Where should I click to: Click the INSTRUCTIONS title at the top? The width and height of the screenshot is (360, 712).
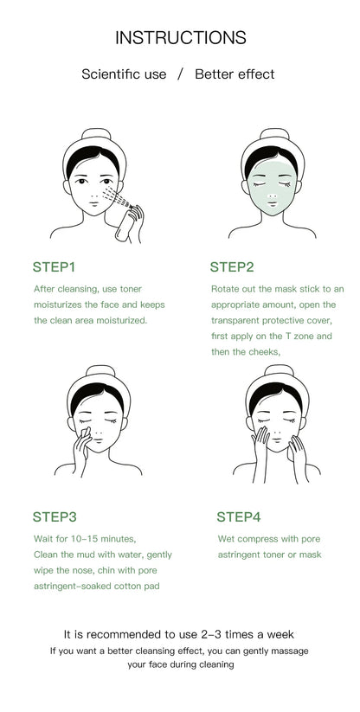point(180,38)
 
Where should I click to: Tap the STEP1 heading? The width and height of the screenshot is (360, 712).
point(55,266)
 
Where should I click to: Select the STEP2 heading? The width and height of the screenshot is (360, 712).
point(231,266)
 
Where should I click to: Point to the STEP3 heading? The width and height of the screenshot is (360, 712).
point(55,516)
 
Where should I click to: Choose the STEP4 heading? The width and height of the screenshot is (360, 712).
point(238,516)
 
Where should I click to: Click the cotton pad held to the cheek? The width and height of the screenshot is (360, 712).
point(86,433)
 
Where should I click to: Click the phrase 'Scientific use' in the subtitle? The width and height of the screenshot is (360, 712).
point(124,74)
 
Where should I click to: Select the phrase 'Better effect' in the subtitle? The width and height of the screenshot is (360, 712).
point(235,74)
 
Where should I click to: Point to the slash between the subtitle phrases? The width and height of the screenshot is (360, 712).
point(180,74)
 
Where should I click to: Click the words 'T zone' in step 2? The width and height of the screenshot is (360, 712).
point(299,336)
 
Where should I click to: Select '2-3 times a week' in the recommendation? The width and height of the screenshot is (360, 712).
point(250,634)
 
